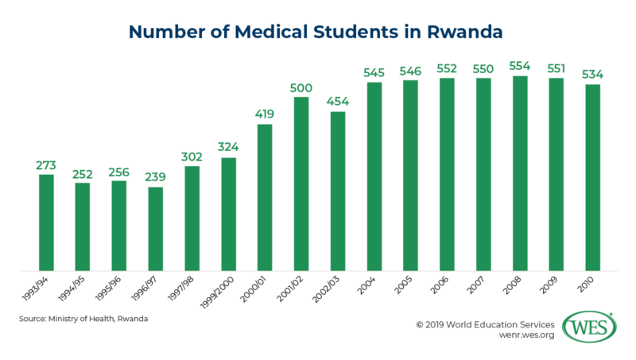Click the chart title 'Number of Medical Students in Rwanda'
318,32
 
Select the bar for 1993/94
46,223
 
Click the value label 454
337,102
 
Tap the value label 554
519,65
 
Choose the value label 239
155,176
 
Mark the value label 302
192,156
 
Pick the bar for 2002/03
337,191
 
